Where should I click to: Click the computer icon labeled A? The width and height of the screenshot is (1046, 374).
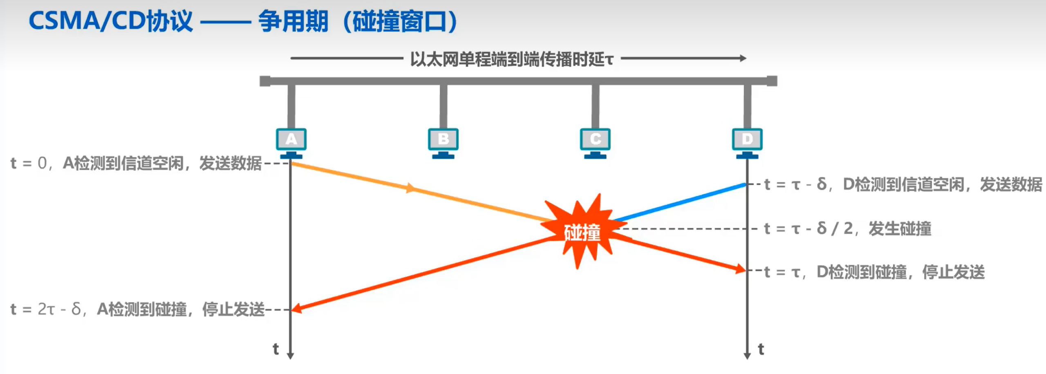(x=291, y=143)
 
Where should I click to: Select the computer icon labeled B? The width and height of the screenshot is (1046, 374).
(x=443, y=143)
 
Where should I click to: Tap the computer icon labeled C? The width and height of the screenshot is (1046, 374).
(x=595, y=143)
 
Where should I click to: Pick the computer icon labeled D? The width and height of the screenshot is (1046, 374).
(x=747, y=143)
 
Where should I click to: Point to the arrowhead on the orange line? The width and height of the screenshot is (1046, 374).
(x=410, y=188)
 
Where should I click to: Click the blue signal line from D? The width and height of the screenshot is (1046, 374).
(x=679, y=203)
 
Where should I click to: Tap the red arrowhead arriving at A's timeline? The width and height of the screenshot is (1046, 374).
(x=296, y=309)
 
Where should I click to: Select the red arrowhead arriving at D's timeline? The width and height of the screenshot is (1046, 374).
(x=741, y=269)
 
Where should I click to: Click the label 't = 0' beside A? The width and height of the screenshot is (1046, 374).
(x=28, y=163)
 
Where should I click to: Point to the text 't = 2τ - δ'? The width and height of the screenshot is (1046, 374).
(x=45, y=309)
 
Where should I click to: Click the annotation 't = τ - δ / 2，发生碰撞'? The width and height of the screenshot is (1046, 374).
(x=847, y=228)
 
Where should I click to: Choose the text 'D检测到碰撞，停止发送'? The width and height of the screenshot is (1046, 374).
(x=900, y=272)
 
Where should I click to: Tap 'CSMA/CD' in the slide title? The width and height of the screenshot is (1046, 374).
(x=87, y=21)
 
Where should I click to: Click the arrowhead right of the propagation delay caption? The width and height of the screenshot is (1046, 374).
(x=743, y=58)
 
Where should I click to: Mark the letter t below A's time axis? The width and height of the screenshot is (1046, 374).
(x=276, y=349)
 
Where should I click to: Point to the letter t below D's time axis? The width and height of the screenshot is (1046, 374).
(x=761, y=349)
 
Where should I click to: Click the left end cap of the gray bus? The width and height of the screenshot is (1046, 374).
(x=265, y=81)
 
